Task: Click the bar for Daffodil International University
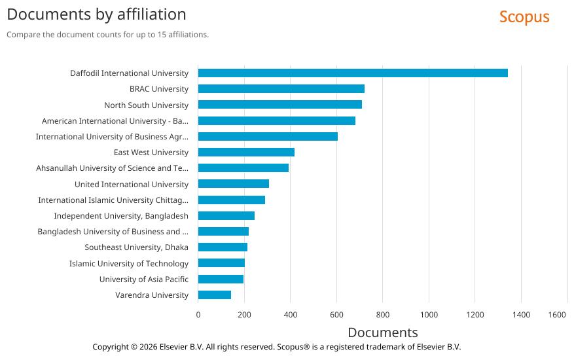point(353,73)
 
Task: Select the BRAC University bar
point(281,89)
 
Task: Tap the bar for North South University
point(279,105)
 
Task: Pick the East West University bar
point(246,153)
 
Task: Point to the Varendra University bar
point(215,295)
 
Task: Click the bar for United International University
point(234,184)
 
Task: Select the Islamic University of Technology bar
point(221,263)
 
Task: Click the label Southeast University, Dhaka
point(136,247)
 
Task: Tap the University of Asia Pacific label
point(143,279)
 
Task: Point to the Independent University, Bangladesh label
point(121,216)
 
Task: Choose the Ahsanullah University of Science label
point(112,168)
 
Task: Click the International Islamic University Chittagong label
point(113,200)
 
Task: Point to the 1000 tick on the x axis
point(429,315)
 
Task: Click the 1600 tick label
point(557,315)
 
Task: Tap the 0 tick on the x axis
point(198,315)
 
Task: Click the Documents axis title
point(382,333)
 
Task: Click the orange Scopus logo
point(524,17)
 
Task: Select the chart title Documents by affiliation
point(96,14)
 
